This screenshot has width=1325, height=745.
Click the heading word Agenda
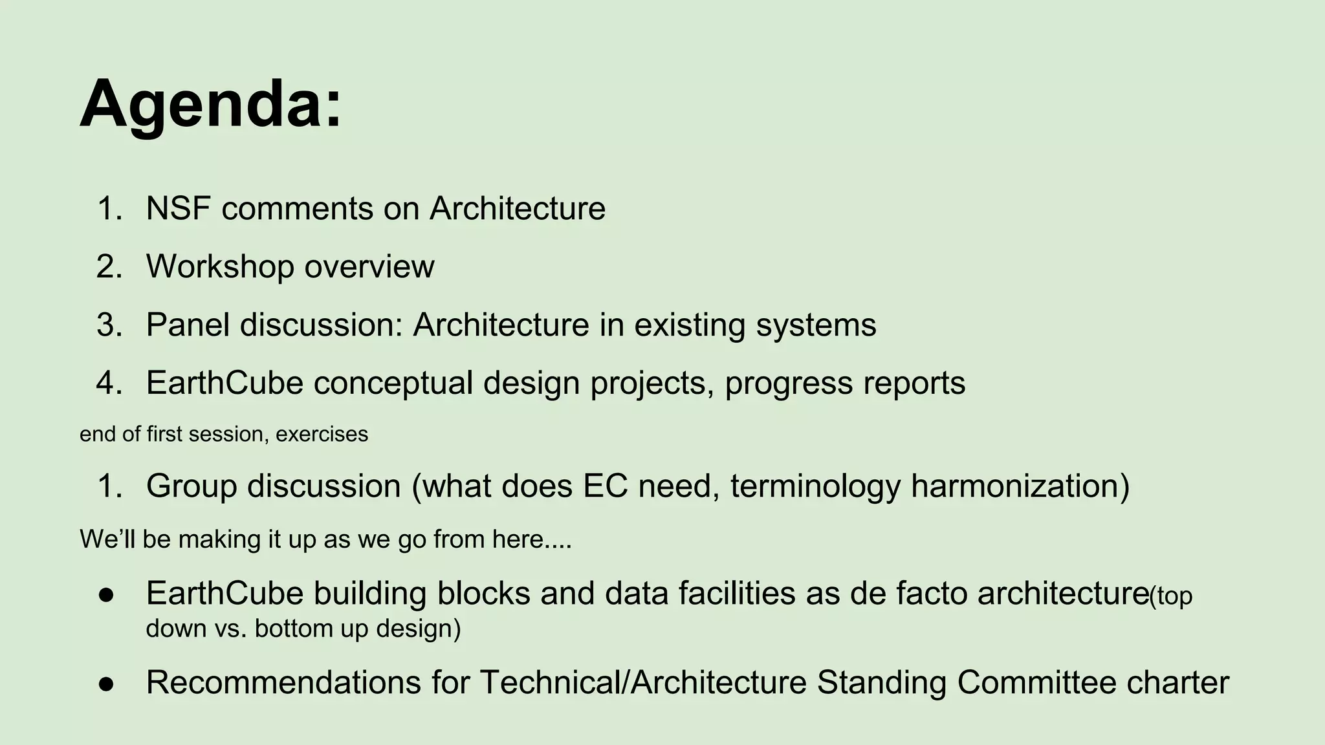coord(210,105)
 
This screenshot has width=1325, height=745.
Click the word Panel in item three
coord(188,325)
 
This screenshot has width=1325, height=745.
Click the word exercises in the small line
coord(322,434)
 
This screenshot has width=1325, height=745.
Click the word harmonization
coord(1020,486)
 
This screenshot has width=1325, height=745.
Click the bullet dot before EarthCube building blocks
coord(106,594)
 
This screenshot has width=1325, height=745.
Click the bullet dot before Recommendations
coord(106,684)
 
